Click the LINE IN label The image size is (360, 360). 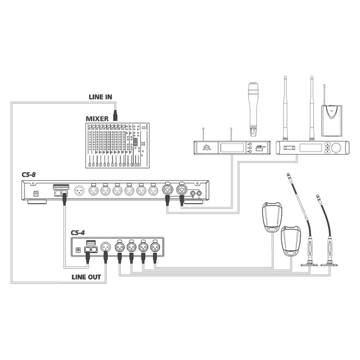point(100,97)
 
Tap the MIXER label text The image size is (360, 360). point(97,118)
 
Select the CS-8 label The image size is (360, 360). point(28,174)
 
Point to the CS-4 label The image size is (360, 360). point(77,232)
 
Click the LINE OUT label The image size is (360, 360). point(86,277)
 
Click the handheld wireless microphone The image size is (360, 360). point(253,109)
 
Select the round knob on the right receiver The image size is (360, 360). point(336,147)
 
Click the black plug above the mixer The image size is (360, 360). point(115,115)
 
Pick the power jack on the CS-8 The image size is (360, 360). point(36,193)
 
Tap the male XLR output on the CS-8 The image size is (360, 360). point(79,191)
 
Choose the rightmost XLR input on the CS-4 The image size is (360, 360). point(154,247)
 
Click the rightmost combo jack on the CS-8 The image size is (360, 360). point(181,190)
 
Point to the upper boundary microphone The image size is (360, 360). point(272,217)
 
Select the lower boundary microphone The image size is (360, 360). point(291,240)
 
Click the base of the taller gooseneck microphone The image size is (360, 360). point(309,264)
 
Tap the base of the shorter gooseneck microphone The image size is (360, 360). point(329,264)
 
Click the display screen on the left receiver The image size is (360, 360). point(232,147)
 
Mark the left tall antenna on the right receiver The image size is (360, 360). point(285,108)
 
